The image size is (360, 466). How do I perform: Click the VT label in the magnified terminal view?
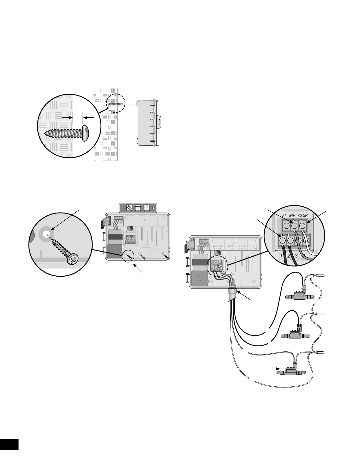click(x=284, y=216)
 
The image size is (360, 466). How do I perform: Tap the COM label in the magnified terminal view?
click(x=303, y=216)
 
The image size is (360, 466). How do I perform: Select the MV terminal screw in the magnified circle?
click(x=294, y=227)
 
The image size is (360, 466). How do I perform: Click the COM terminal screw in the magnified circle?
click(x=302, y=227)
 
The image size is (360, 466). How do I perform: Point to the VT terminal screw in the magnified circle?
click(x=286, y=227)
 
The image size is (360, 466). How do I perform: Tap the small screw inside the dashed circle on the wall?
click(x=115, y=103)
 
